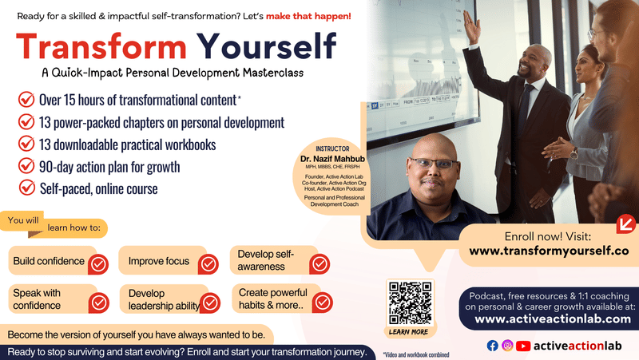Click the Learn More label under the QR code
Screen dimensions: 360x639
pyautogui.click(x=408, y=331)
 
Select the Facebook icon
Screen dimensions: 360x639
pyautogui.click(x=492, y=346)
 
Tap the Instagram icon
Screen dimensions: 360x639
pyautogui.click(x=507, y=346)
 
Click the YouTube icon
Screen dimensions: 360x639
pyautogui.click(x=523, y=346)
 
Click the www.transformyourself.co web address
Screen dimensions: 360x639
pyautogui.click(x=549, y=250)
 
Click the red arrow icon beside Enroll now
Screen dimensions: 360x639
pyautogui.click(x=625, y=223)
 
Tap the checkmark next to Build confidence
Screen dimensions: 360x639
pyautogui.click(x=97, y=263)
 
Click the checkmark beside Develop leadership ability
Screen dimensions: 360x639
pyautogui.click(x=209, y=303)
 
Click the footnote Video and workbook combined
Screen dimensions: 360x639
pyautogui.click(x=415, y=354)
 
